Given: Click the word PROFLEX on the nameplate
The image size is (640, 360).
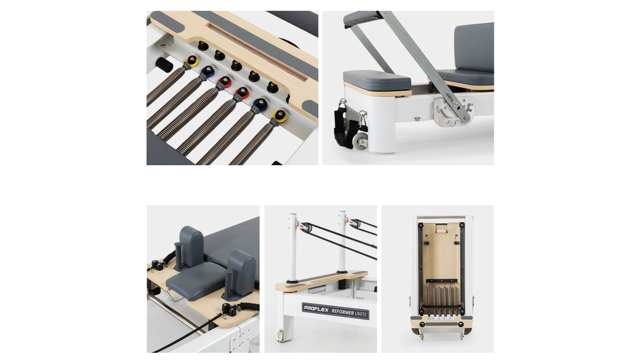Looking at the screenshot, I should point(316,308).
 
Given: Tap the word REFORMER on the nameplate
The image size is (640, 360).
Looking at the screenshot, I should point(343,311).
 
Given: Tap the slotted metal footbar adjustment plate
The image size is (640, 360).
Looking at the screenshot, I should point(453,112).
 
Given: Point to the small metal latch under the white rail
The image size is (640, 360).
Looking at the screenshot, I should point(417,119).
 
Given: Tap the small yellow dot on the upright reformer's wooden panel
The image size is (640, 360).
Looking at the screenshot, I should point(452,227).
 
